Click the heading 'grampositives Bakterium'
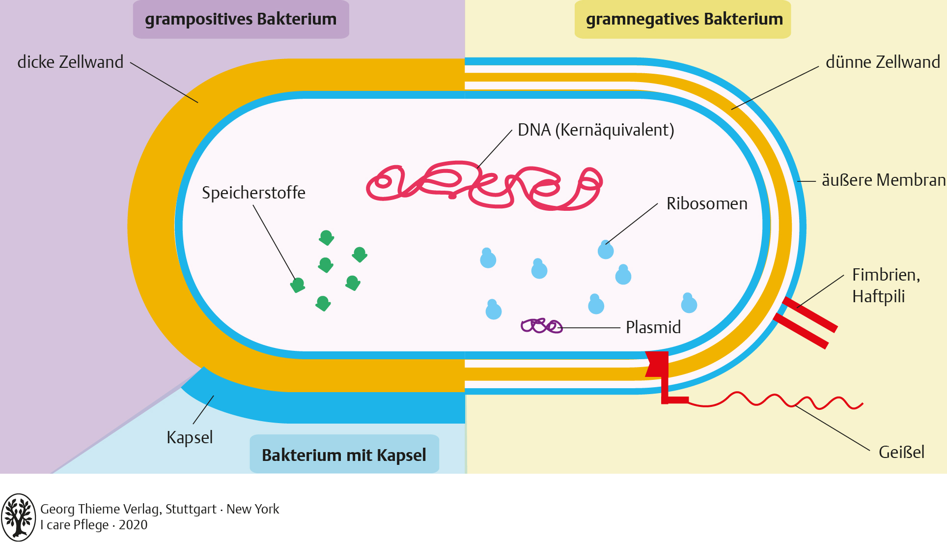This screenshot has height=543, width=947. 241,19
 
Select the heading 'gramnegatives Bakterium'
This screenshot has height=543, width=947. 684,19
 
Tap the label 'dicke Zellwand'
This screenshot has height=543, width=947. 70,62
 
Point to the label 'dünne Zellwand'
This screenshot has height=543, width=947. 883,62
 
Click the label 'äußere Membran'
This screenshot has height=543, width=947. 883,180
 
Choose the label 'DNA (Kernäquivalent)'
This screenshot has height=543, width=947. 596,130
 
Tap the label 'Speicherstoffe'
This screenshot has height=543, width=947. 253,193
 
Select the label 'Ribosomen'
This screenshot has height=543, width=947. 707,204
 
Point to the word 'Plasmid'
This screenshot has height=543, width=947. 653,327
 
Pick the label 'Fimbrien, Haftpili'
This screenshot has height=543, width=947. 886,286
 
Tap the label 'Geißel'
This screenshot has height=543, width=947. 901,452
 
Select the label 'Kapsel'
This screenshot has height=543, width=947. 190,437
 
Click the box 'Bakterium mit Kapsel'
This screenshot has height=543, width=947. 344,455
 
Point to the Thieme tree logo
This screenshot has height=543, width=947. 18,517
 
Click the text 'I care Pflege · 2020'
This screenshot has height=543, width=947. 94,525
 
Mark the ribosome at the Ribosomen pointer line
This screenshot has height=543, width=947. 606,250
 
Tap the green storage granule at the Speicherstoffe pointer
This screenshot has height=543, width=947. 298,285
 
